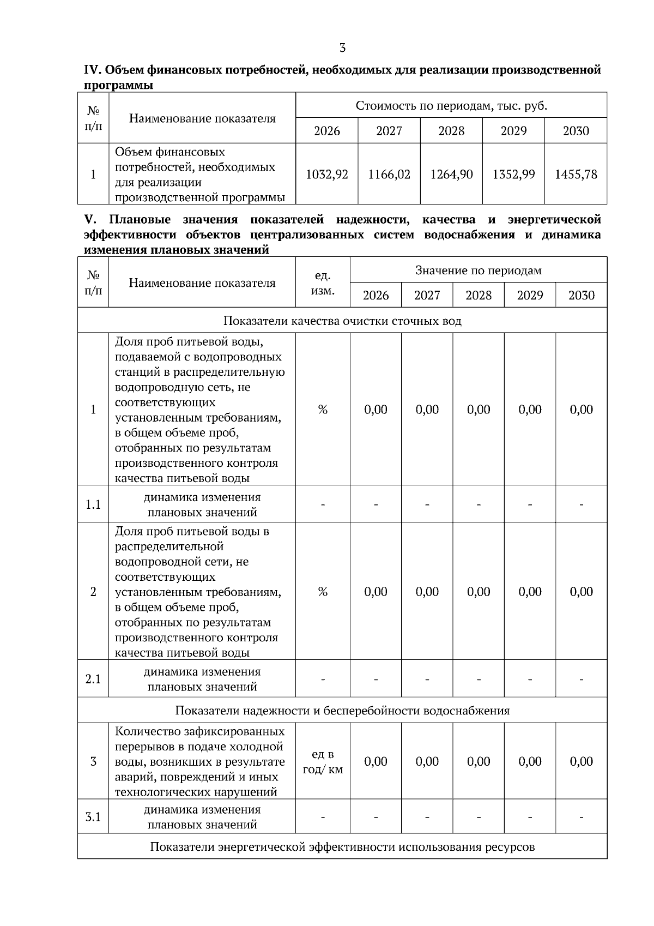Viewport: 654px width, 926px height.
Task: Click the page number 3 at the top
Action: (x=342, y=48)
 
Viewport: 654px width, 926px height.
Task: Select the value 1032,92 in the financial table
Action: (x=327, y=175)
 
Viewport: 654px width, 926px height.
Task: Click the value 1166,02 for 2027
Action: (x=389, y=175)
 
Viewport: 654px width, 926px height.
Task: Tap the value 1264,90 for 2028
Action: (x=451, y=175)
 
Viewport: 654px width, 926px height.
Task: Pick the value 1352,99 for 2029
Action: (x=513, y=175)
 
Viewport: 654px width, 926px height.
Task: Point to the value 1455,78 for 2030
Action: (x=576, y=175)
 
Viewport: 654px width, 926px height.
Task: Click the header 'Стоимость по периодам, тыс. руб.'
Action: (x=451, y=106)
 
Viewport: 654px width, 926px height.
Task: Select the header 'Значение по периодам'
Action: (x=479, y=270)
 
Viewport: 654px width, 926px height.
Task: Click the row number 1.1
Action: (x=93, y=504)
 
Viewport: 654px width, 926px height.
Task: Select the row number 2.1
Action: (x=93, y=680)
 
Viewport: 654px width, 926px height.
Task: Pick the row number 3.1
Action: (x=93, y=817)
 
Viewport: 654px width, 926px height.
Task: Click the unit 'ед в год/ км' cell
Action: (x=323, y=762)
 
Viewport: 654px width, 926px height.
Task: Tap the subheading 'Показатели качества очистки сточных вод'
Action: (x=342, y=321)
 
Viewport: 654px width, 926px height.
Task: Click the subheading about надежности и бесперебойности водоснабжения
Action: (x=342, y=711)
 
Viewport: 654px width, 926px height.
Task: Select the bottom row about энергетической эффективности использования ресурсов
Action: (x=342, y=847)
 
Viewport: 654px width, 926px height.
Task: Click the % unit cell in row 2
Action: (x=323, y=592)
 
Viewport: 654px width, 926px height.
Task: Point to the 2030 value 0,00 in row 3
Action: (x=581, y=762)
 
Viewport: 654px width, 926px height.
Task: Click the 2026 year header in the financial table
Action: (x=327, y=131)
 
